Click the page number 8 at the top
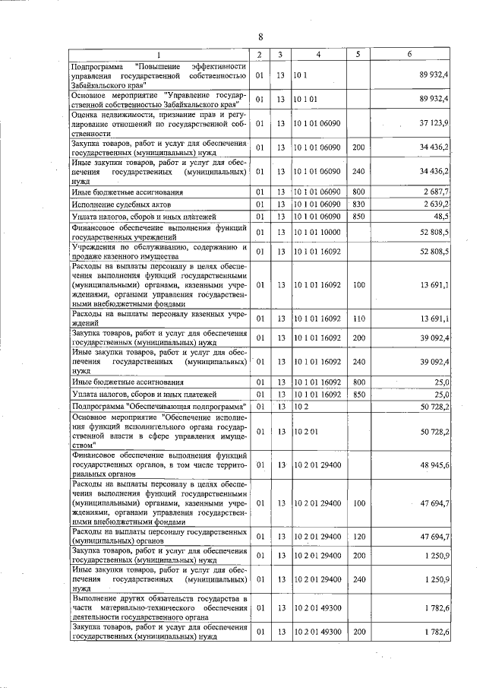[x=260, y=37]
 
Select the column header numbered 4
[x=318, y=55]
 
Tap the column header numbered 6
[x=409, y=55]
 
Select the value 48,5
[x=440, y=217]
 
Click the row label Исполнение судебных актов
[x=121, y=204]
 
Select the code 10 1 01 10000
[x=318, y=231]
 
